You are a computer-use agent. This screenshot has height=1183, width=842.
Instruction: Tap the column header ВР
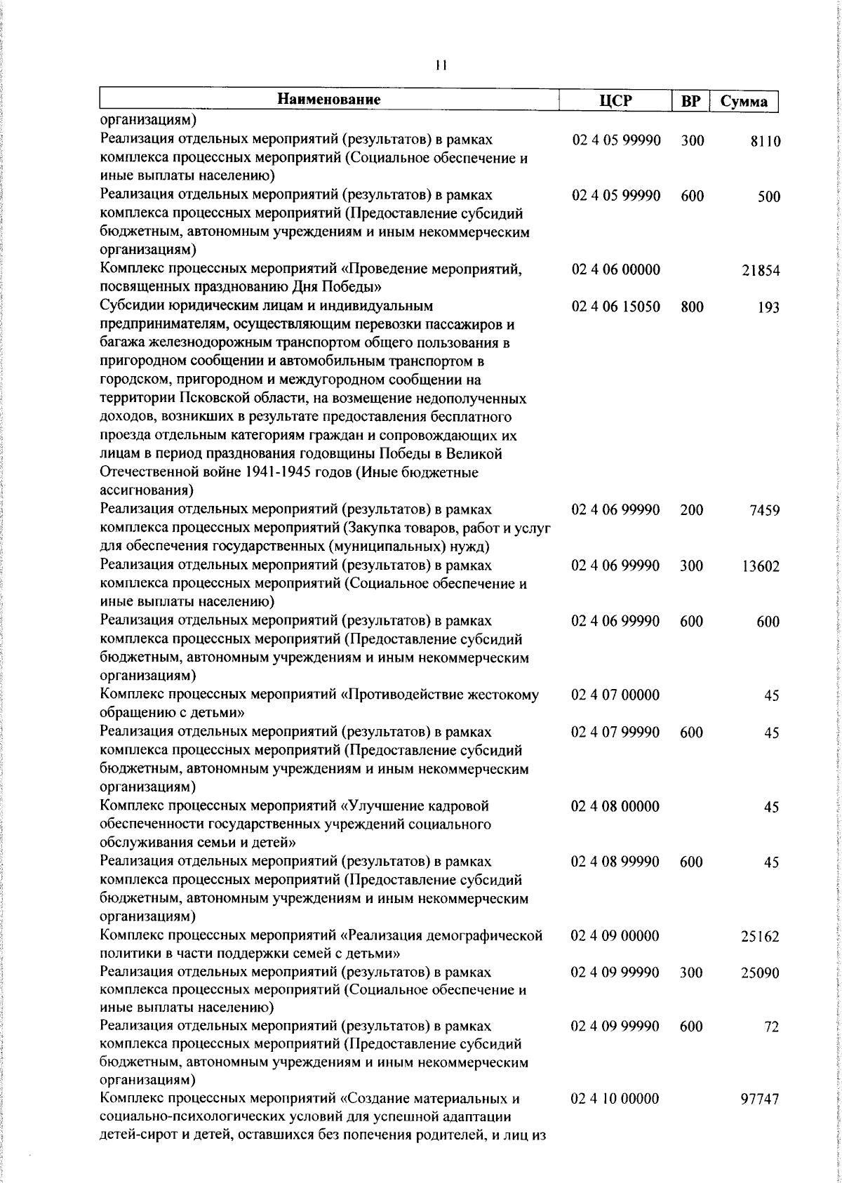[x=691, y=102]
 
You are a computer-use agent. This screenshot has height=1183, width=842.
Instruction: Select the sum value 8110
[x=765, y=142]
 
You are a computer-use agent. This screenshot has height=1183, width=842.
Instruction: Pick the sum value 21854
[x=761, y=271]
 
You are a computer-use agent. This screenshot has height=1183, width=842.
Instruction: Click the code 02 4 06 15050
[x=615, y=307]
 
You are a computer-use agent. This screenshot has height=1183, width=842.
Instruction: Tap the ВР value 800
[x=691, y=307]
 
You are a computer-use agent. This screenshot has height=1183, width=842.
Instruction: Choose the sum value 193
[x=768, y=307]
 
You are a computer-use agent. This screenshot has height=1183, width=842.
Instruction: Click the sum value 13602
[x=761, y=566]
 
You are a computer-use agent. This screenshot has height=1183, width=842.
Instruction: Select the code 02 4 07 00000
[x=615, y=695]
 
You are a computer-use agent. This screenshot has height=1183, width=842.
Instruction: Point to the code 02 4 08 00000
[x=615, y=807]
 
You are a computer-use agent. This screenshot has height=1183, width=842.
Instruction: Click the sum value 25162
[x=761, y=937]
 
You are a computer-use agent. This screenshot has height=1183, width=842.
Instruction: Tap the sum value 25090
[x=761, y=973]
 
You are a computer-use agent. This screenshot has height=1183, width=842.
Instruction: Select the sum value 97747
[x=761, y=1100]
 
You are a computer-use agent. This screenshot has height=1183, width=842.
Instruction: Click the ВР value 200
[x=691, y=510]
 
